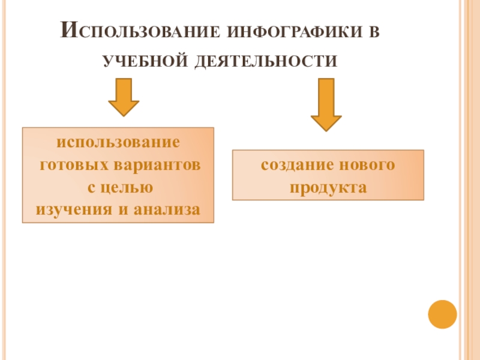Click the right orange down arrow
pos(326,104)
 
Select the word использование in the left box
pos(118,143)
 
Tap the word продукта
pos(328,187)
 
